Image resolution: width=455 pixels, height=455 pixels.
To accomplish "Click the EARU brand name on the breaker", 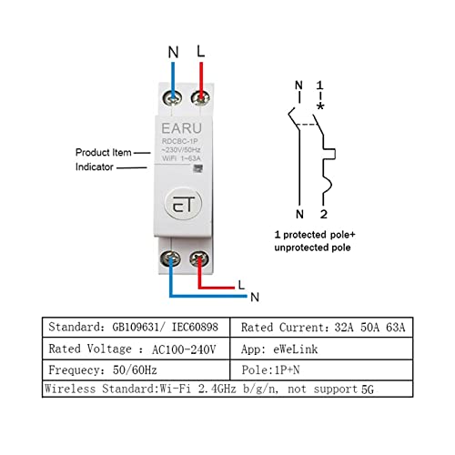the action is pyautogui.click(x=181, y=128).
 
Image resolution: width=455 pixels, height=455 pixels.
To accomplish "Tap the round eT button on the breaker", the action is pyautogui.click(x=183, y=204).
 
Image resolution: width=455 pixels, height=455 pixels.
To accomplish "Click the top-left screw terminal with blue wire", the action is pyautogui.click(x=172, y=98).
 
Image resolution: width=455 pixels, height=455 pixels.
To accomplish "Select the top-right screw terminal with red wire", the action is pyautogui.click(x=200, y=97).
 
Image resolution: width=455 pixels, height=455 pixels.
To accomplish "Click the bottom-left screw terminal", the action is pyautogui.click(x=170, y=258).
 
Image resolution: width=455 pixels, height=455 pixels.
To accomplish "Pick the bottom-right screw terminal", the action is pyautogui.click(x=199, y=258).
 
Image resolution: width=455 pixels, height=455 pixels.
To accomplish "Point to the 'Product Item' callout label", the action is pyautogui.click(x=103, y=152).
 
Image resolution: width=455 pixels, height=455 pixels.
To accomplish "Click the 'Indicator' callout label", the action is pyautogui.click(x=94, y=167).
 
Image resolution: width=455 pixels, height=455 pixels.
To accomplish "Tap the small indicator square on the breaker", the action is pyautogui.click(x=198, y=168).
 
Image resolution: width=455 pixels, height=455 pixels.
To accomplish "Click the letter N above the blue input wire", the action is pyautogui.click(x=174, y=52).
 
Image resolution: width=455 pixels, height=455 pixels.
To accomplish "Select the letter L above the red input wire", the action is pyautogui.click(x=201, y=51).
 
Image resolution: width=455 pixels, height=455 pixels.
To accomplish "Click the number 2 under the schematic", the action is pyautogui.click(x=324, y=214).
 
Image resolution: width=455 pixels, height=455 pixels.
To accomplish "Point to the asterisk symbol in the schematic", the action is pyautogui.click(x=320, y=106).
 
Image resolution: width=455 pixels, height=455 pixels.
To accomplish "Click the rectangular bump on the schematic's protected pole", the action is pyautogui.click(x=329, y=154).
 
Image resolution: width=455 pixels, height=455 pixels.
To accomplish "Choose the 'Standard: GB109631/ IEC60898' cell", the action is pyautogui.click(x=136, y=328).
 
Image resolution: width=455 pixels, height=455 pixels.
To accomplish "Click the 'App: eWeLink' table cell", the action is pyautogui.click(x=321, y=349).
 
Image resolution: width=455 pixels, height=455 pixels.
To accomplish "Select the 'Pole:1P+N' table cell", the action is pyautogui.click(x=321, y=370).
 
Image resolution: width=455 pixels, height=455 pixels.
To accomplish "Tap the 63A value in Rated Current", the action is pyautogui.click(x=396, y=328).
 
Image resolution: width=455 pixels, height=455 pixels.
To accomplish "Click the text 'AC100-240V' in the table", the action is pyautogui.click(x=184, y=349).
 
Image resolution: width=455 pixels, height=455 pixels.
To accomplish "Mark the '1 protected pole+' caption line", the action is pyautogui.click(x=315, y=235).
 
